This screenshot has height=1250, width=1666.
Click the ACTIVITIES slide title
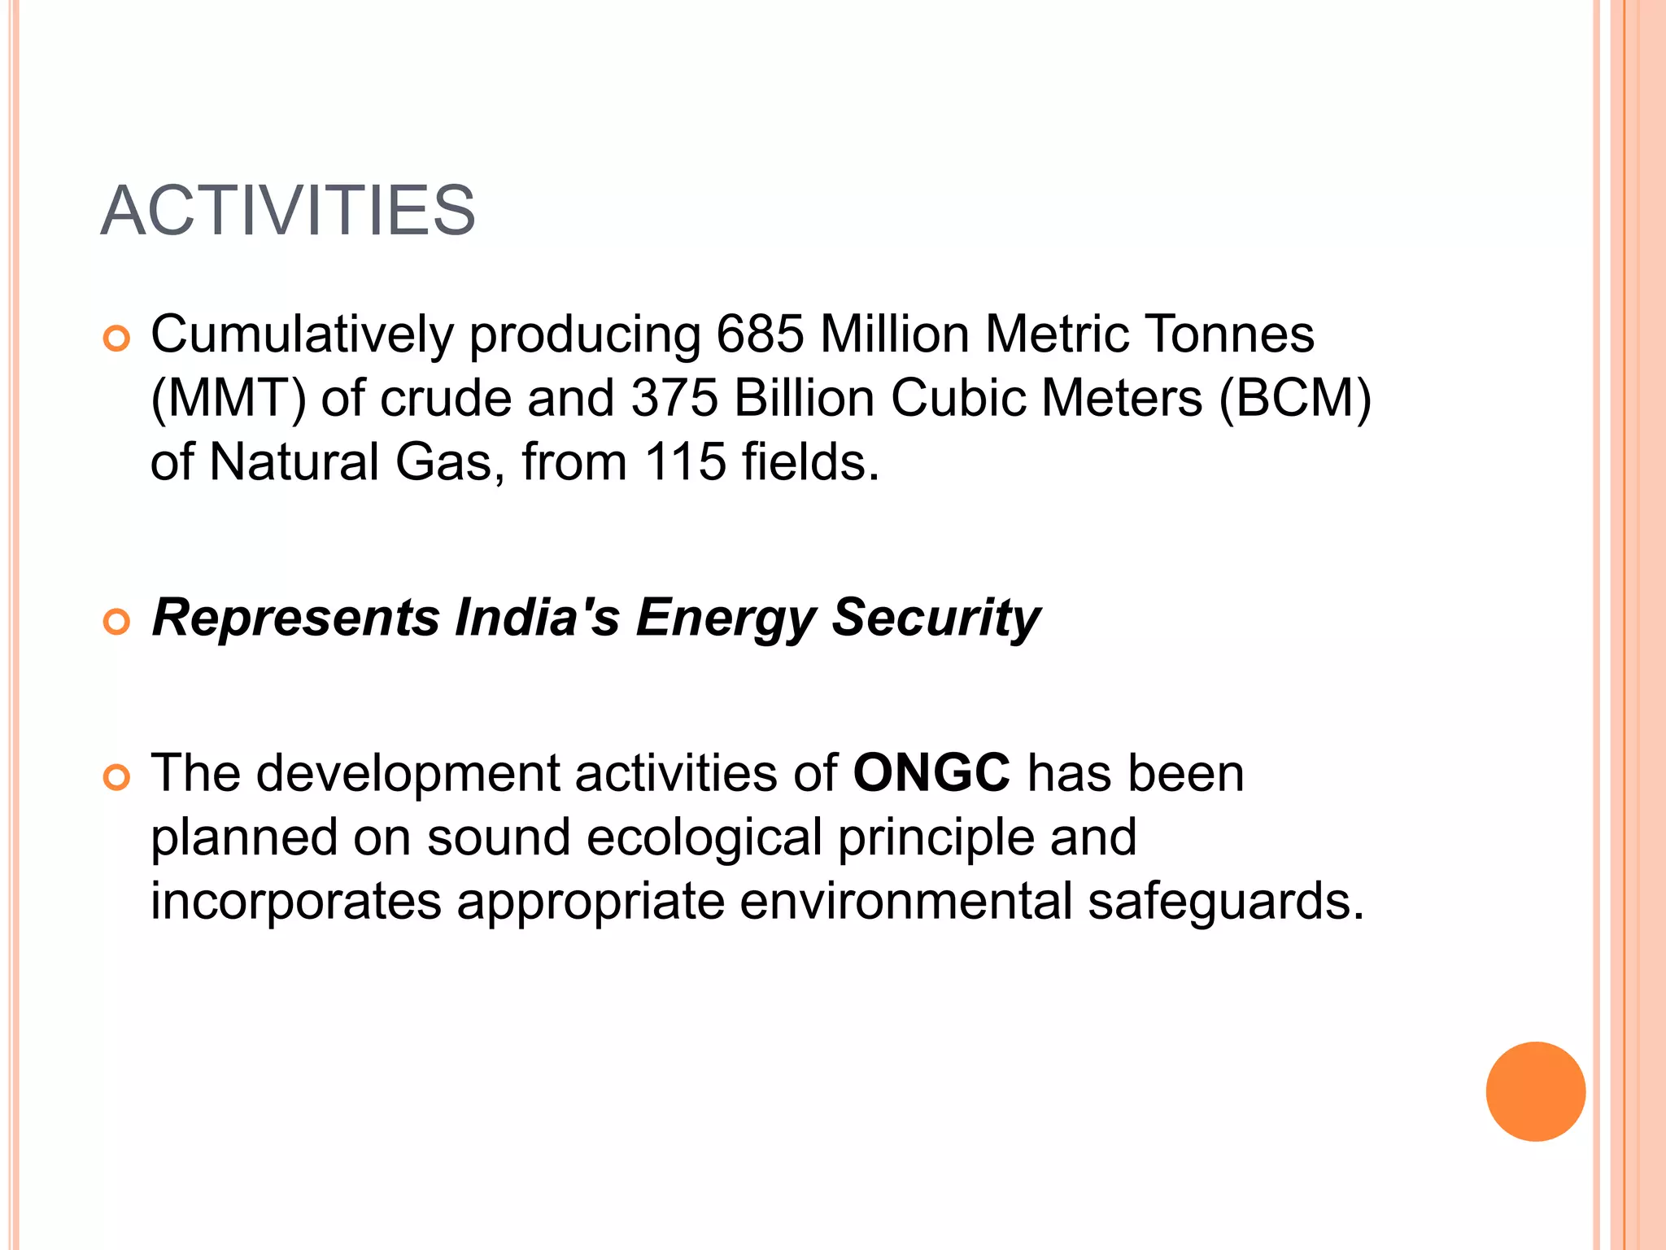click(x=288, y=211)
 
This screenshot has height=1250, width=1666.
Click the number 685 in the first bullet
click(x=760, y=334)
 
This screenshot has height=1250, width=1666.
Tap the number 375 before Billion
click(x=674, y=399)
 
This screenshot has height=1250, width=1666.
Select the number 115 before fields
click(x=685, y=462)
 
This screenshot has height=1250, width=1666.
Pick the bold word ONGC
click(x=931, y=772)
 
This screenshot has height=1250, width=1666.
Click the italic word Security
click(x=935, y=618)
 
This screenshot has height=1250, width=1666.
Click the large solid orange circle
click(x=1535, y=1091)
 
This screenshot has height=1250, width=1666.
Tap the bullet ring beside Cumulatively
click(x=117, y=339)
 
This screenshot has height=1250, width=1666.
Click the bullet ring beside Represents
click(x=117, y=623)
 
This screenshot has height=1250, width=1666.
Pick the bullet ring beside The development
click(x=117, y=778)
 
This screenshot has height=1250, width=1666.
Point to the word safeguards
click(x=1226, y=902)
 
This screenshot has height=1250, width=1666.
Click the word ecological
click(x=704, y=838)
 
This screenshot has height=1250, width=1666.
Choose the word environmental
click(x=905, y=901)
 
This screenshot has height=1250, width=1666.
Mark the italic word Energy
click(x=725, y=618)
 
